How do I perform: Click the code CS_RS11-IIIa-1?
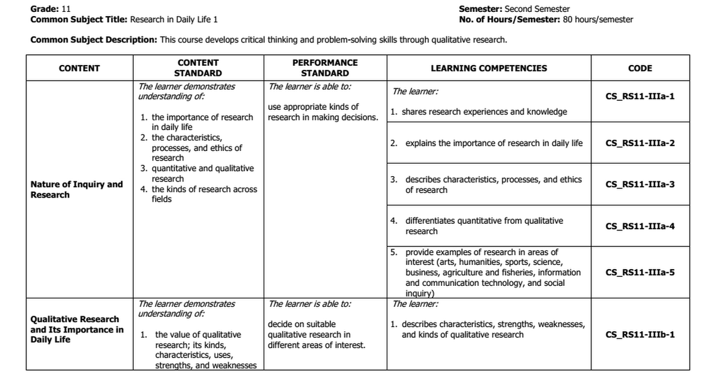[640, 96]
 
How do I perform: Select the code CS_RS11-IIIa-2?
[640, 143]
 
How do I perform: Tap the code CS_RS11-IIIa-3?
[640, 184]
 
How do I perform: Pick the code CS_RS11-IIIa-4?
[640, 226]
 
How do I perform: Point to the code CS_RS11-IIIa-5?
[640, 273]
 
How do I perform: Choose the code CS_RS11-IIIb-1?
[640, 335]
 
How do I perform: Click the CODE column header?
[640, 68]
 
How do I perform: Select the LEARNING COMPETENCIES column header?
[488, 68]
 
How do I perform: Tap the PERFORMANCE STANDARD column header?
[325, 68]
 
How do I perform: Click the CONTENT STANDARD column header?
[197, 68]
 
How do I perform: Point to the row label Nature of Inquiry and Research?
[76, 189]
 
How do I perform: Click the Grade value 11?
[66, 9]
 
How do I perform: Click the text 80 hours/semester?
[598, 19]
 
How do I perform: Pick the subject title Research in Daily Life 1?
[174, 19]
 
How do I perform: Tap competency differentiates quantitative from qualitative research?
[484, 226]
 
